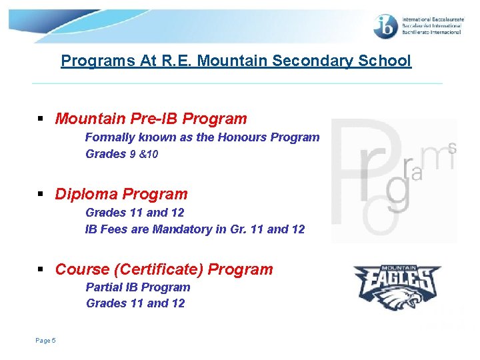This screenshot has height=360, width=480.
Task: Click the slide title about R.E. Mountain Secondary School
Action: [x=236, y=61]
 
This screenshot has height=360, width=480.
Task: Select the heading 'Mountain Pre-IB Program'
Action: [x=151, y=119]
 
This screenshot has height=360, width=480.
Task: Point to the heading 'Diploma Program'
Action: [x=121, y=195]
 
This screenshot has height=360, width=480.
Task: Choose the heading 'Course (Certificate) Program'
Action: [x=164, y=270]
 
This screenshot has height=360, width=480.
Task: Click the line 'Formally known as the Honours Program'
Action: [x=202, y=137]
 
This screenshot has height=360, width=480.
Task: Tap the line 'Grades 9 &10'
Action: [x=122, y=154]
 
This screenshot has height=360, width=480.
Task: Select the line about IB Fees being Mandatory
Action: [x=195, y=229]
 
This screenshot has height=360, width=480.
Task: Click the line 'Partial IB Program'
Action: [x=138, y=287]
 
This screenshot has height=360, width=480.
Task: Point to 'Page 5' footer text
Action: [x=45, y=341]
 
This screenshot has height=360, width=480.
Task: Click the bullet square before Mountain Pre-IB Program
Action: [x=41, y=120]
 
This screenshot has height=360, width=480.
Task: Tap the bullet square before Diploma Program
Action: [x=41, y=195]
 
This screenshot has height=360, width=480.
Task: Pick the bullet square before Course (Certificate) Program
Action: [x=41, y=271]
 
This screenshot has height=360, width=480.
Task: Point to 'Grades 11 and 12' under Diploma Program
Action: [x=135, y=213]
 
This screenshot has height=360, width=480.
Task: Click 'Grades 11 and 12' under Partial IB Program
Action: [x=135, y=303]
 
